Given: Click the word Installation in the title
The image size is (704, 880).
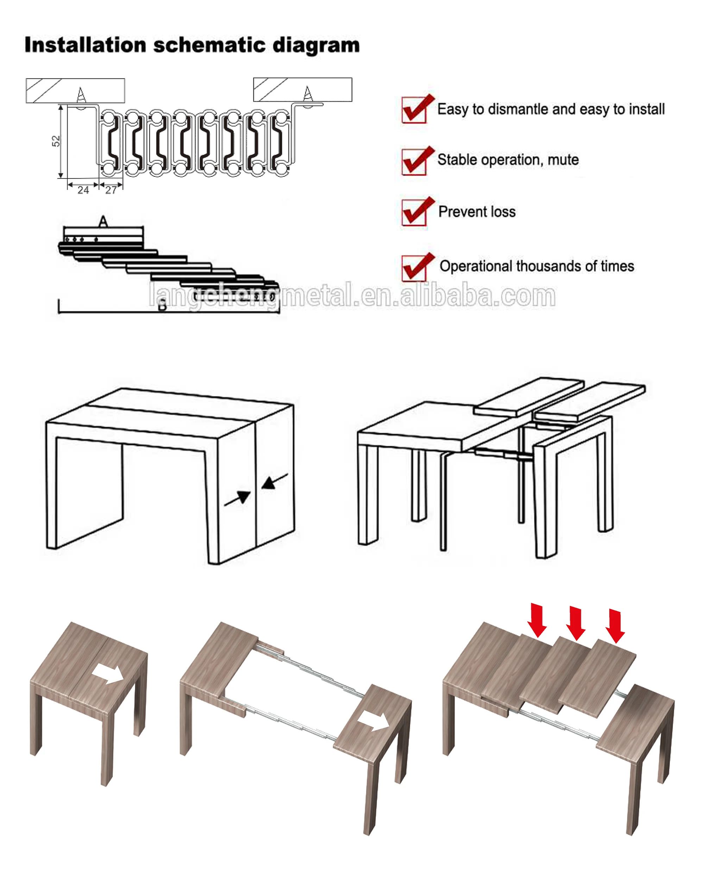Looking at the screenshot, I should tap(85, 45).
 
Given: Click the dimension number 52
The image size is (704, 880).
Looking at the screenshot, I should tap(56, 141).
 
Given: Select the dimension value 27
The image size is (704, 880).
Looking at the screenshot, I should tap(111, 190).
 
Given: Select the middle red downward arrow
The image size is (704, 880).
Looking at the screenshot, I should tap(576, 624).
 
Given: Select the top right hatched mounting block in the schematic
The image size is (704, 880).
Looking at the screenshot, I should tap(302, 89).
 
